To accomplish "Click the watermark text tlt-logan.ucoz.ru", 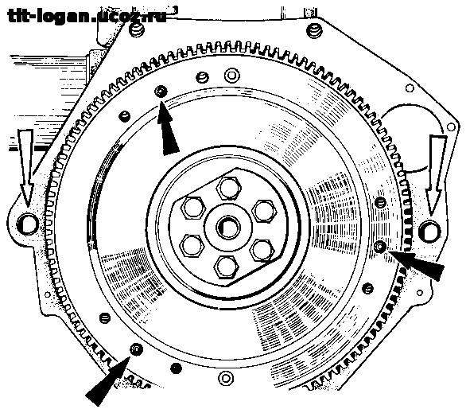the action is pos(86,15).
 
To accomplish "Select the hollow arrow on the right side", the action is pos(436,175).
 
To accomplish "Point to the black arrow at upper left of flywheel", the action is pos(167,128).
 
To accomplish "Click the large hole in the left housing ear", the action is pos(28,224).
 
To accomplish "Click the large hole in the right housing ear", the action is pos(429,232).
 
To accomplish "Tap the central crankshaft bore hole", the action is pos(228,228).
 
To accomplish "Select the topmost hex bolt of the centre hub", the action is pos(228,189).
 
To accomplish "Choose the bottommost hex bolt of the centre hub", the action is pos(227,267).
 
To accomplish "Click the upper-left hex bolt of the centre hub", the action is pos(193,208).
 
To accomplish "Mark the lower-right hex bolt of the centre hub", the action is pos(262,251).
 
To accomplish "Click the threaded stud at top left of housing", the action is pos(137,29).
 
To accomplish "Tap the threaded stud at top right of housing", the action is pos(314,30).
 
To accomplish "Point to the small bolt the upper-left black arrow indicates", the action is pos(161,92).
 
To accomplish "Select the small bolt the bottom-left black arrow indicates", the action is pos(136,349).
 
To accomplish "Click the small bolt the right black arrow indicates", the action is pos(380,247).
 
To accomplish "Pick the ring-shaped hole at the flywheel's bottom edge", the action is pos(226,379).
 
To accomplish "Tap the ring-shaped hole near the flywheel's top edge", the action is pos(232,75).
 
